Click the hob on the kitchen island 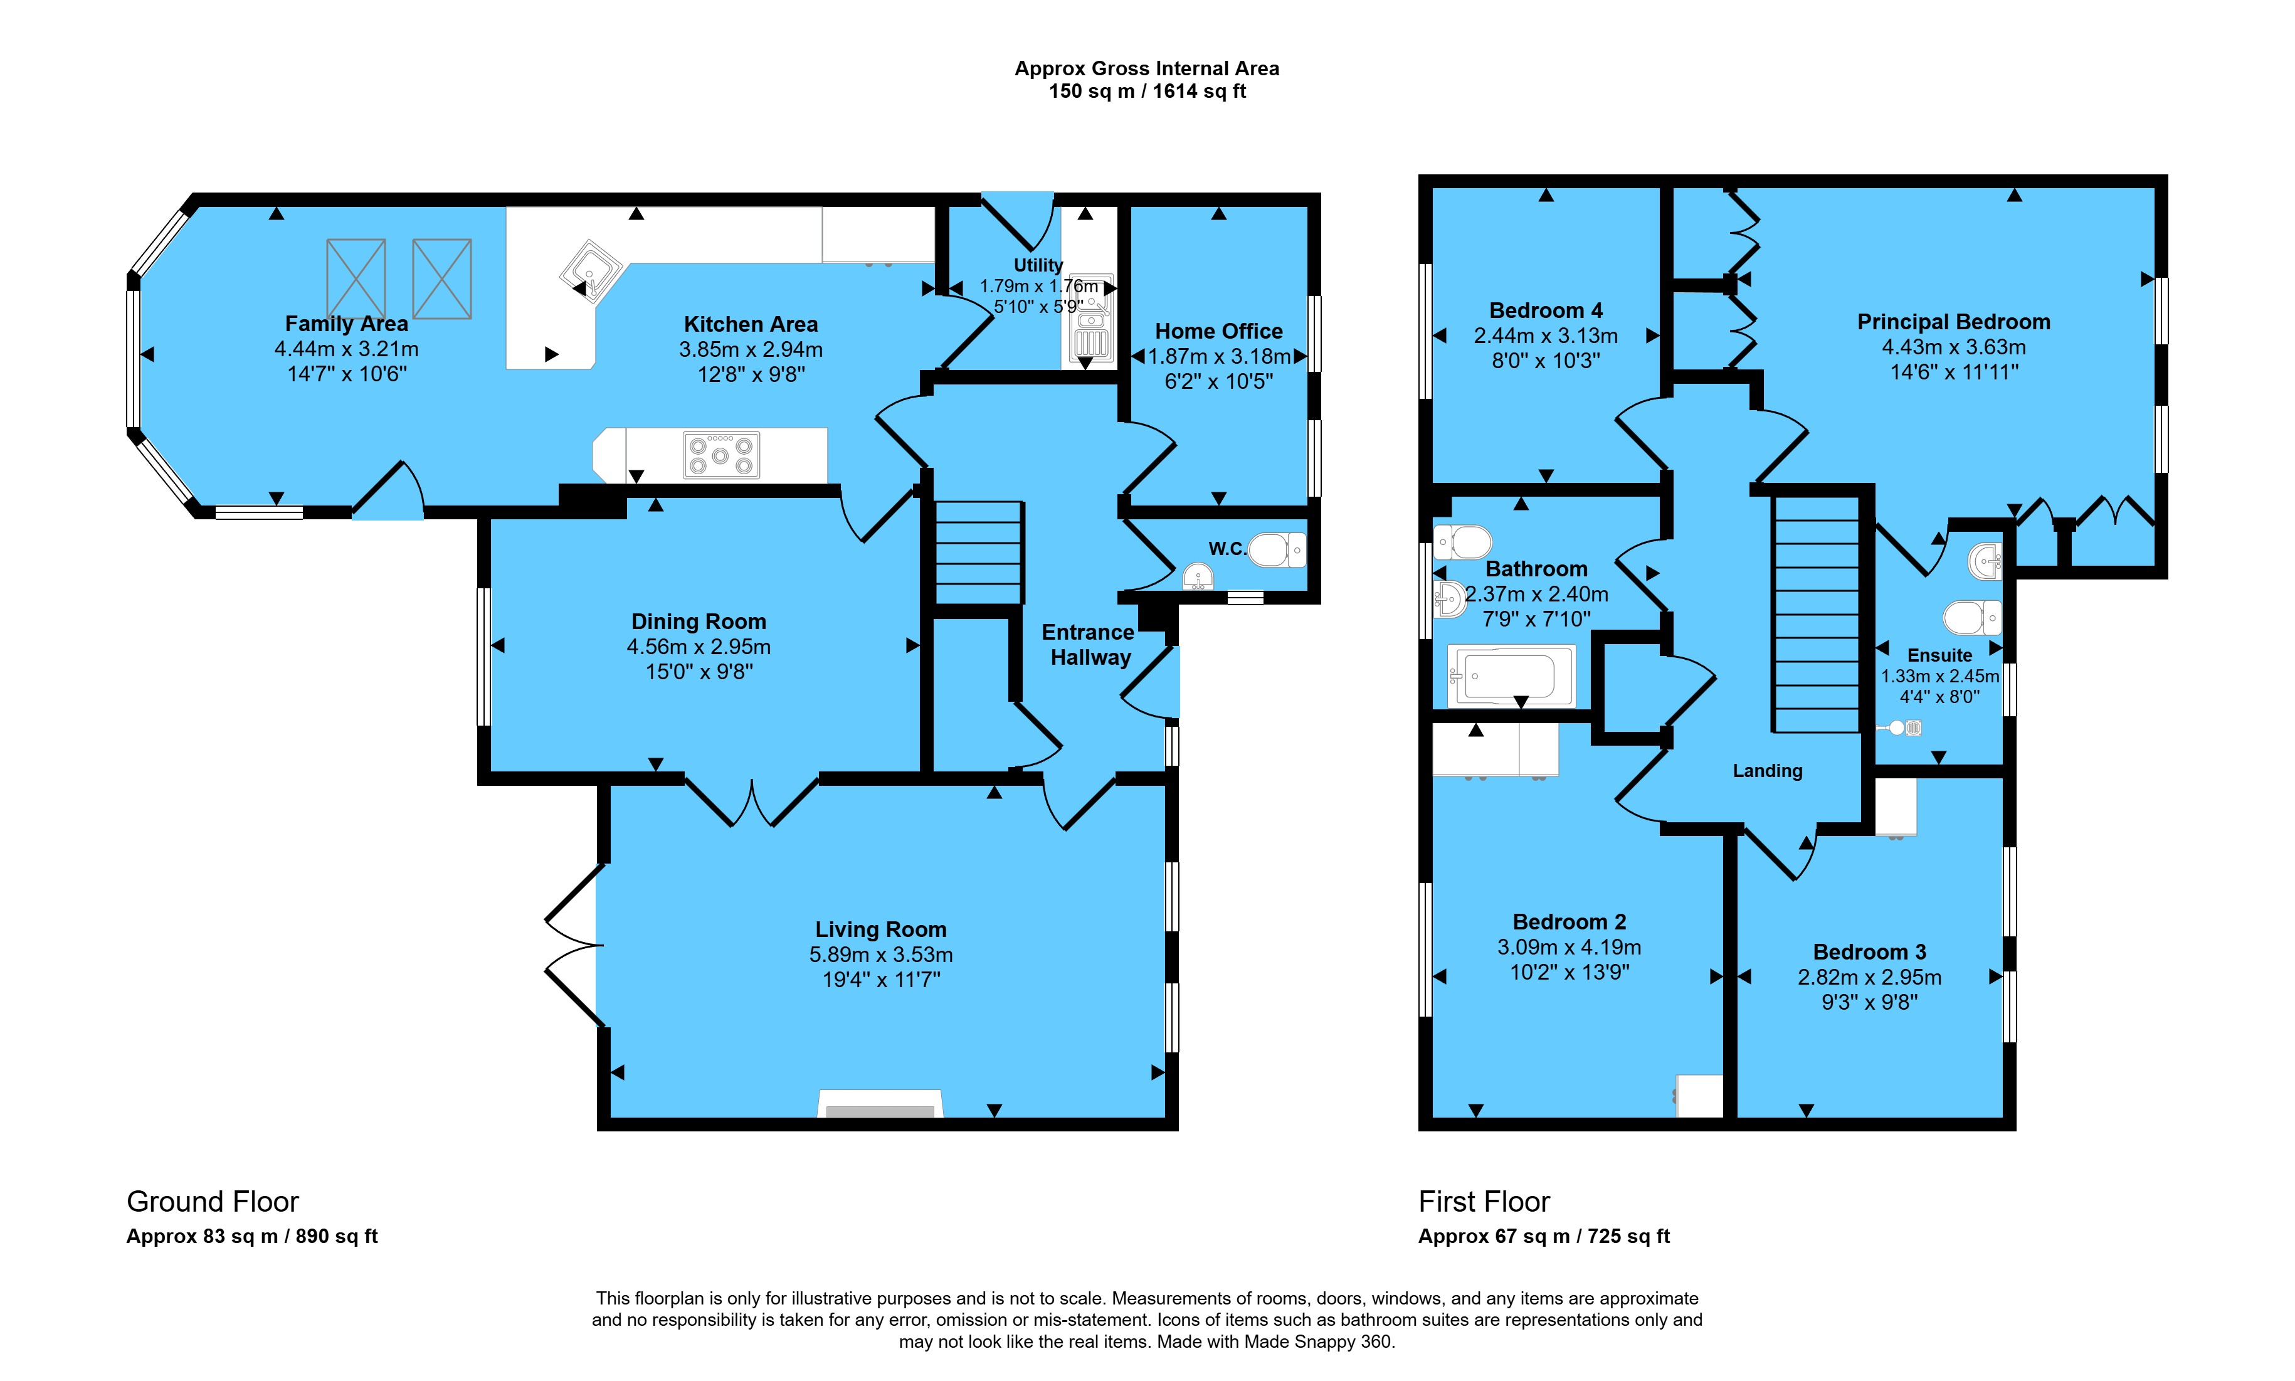click(721, 456)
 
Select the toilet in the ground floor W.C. click(1276, 550)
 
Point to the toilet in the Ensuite click(1972, 617)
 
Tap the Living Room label click(881, 929)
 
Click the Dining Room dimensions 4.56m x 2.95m click(699, 647)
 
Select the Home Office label click(1218, 331)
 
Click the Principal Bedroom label click(1954, 322)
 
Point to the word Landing click(1768, 771)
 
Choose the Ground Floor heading click(213, 1202)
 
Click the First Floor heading click(1484, 1202)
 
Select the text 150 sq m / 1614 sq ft click(1147, 91)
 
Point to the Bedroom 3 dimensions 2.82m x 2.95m click(1870, 977)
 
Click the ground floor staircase click(979, 553)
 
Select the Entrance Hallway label click(1089, 645)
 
